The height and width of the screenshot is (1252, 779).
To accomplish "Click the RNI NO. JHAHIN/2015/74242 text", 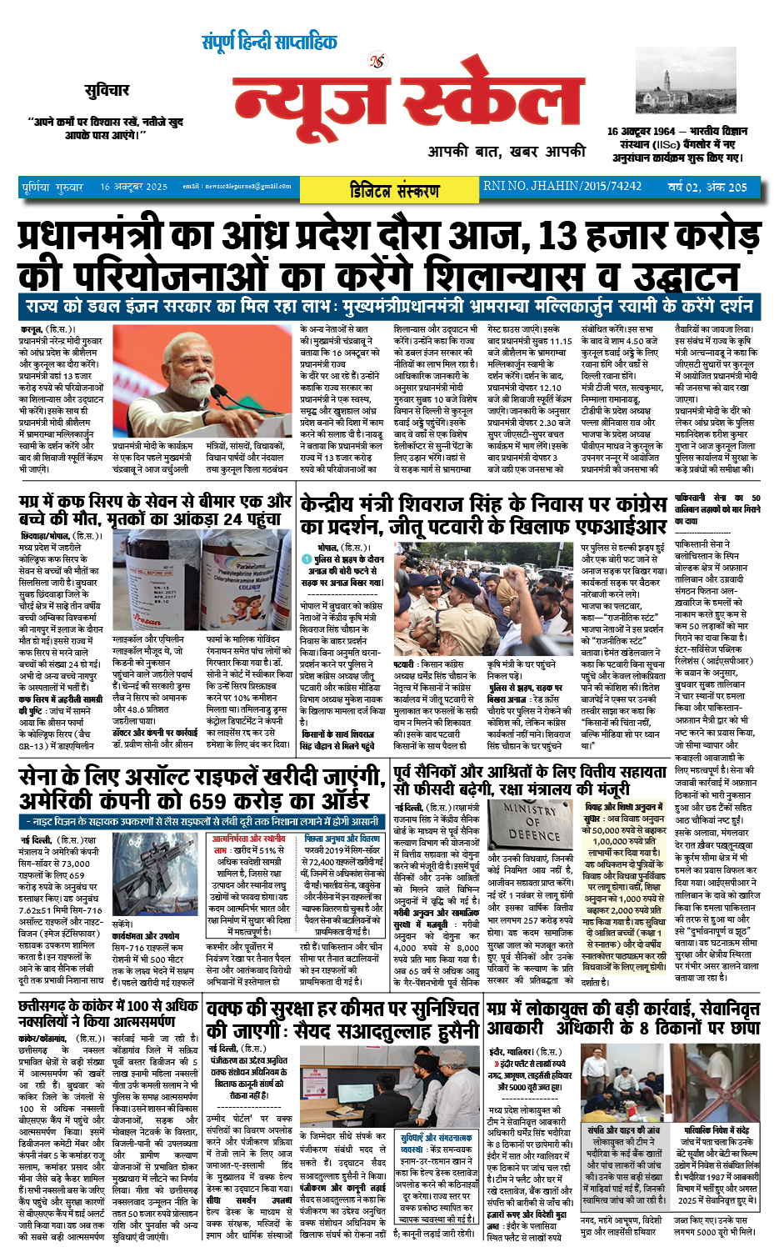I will tap(562, 186).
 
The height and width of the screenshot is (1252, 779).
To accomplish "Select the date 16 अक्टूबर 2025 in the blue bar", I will tap(133, 187).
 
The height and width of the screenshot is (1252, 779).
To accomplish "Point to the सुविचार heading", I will tap(107, 90).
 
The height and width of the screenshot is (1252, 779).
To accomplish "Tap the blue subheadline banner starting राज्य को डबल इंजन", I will tap(388, 305).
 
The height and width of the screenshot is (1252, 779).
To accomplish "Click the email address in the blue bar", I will tap(237, 187).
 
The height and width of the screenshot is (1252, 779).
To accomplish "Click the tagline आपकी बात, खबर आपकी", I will tap(507, 152).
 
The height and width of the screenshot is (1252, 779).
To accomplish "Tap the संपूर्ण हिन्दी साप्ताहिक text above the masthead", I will tap(269, 42).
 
